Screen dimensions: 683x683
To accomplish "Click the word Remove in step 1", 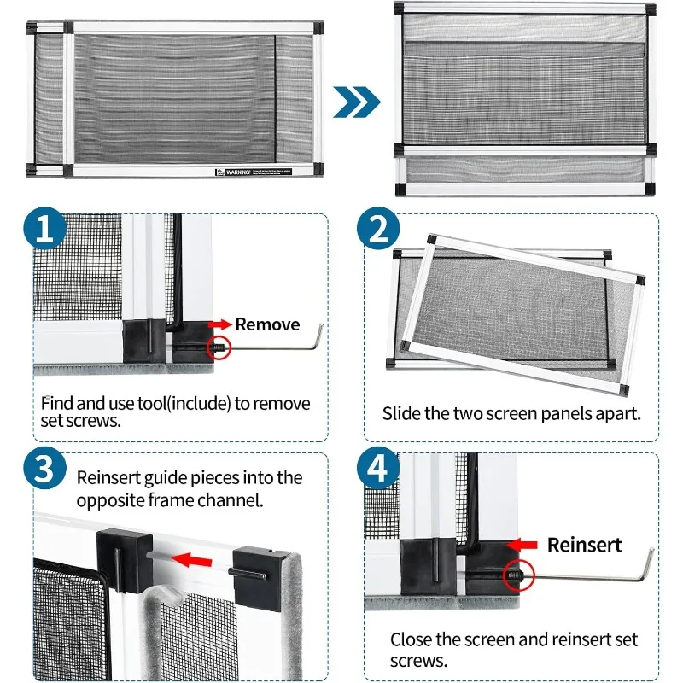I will click(x=267, y=324).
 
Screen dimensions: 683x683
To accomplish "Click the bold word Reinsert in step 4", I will click(x=585, y=545).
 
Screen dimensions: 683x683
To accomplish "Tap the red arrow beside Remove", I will click(x=220, y=324).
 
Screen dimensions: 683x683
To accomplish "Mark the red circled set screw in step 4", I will click(x=517, y=576).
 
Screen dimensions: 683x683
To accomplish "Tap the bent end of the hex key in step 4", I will click(x=648, y=563).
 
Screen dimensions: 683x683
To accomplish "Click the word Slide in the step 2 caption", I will click(x=400, y=414).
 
